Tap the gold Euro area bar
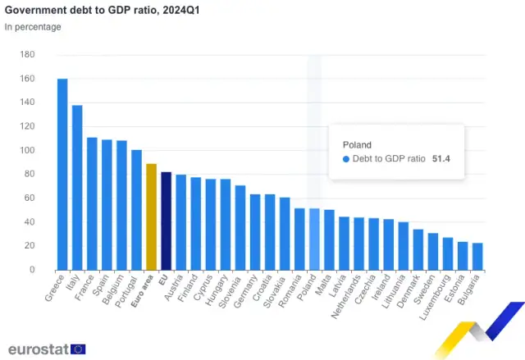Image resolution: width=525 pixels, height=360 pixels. [x=151, y=216]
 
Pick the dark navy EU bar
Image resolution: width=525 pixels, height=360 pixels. [x=166, y=221]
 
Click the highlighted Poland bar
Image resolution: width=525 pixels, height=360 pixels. [x=314, y=239]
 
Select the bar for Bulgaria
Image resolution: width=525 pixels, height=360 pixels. [x=477, y=256]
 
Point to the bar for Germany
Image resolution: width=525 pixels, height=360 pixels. [x=255, y=232]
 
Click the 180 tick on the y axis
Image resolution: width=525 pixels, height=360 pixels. [x=27, y=55]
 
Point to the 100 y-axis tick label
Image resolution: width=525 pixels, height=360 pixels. [x=27, y=151]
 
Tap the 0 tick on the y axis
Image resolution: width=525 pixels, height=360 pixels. [x=32, y=270]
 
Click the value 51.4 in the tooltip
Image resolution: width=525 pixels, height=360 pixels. [x=442, y=159]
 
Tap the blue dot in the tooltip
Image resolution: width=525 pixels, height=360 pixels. [x=346, y=159]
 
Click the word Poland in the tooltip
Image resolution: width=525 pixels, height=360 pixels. [x=357, y=144]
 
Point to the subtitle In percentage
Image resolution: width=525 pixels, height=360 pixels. [x=33, y=27]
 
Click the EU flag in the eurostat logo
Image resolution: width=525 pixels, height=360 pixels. [x=78, y=349]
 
